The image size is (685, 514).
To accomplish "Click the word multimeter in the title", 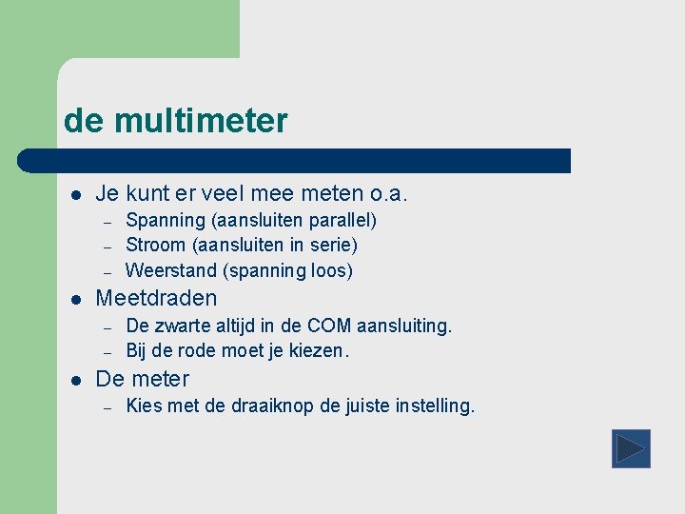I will (x=200, y=122).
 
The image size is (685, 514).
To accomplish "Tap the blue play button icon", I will (x=630, y=448).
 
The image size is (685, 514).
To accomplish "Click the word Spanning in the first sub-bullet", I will (x=166, y=221).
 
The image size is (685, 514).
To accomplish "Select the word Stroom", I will (x=156, y=246).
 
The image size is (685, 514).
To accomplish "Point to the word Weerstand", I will (x=169, y=270).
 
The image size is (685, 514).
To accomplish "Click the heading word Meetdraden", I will (x=156, y=298).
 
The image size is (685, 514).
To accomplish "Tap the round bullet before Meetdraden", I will (x=77, y=299).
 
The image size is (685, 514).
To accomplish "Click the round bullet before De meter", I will (x=77, y=379).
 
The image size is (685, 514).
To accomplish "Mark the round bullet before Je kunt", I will (x=77, y=195).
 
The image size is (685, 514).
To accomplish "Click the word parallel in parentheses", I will (x=342, y=221).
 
